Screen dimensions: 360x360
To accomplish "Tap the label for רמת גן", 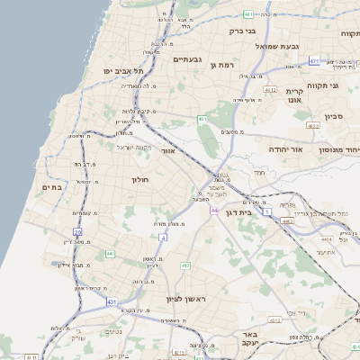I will tap(219, 65).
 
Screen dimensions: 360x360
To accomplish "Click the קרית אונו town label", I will tap(294, 95).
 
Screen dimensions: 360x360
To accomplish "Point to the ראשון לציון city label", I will tap(186, 298).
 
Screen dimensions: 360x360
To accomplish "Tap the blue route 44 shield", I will tap(214, 211).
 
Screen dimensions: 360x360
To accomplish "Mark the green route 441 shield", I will tap(110, 256).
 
